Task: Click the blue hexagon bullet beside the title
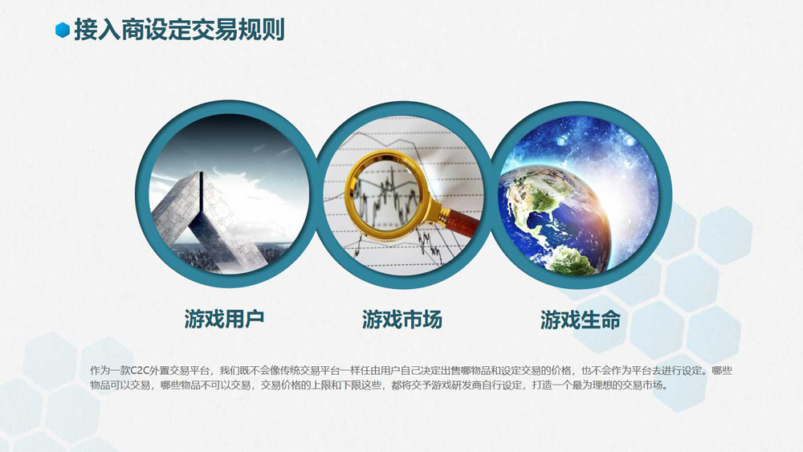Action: [63, 31]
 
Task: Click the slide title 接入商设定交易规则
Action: [178, 31]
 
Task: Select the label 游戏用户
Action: [224, 319]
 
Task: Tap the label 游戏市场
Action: [401, 320]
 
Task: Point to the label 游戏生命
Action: [580, 320]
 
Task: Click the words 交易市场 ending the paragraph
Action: [642, 385]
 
